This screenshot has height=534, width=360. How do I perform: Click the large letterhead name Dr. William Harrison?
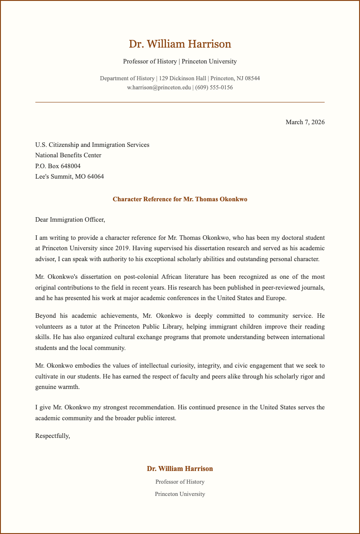[180, 44]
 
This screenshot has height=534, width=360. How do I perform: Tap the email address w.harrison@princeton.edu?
[159, 87]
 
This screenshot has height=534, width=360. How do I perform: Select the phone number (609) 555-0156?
[214, 87]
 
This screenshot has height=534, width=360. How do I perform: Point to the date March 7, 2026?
[305, 122]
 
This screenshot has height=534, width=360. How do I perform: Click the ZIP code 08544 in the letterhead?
[252, 78]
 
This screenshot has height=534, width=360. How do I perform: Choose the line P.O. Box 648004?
[58, 166]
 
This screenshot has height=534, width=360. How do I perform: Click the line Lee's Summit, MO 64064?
[69, 176]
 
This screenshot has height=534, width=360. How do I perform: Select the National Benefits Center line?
[68, 155]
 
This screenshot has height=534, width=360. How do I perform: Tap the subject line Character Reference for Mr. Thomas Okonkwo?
[180, 199]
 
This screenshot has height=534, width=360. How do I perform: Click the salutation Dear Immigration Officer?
[70, 220]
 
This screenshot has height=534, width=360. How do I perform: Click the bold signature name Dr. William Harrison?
[180, 469]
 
